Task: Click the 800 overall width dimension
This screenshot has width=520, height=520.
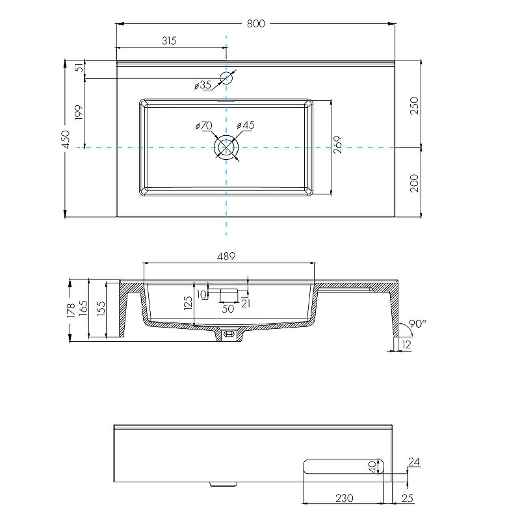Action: point(256,23)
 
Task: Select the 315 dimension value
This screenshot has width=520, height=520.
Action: point(168,40)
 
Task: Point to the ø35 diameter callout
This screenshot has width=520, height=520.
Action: point(203,85)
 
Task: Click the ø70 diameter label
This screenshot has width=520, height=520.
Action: point(203,125)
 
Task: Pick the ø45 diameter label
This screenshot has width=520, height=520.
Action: point(245,125)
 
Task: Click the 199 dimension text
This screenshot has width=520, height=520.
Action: point(79,113)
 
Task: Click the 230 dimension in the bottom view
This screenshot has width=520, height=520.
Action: point(344,498)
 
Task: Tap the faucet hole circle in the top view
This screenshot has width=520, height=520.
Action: point(226,79)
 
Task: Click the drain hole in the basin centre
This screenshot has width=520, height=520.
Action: point(226,148)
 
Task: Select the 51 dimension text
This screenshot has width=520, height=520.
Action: point(79,68)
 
